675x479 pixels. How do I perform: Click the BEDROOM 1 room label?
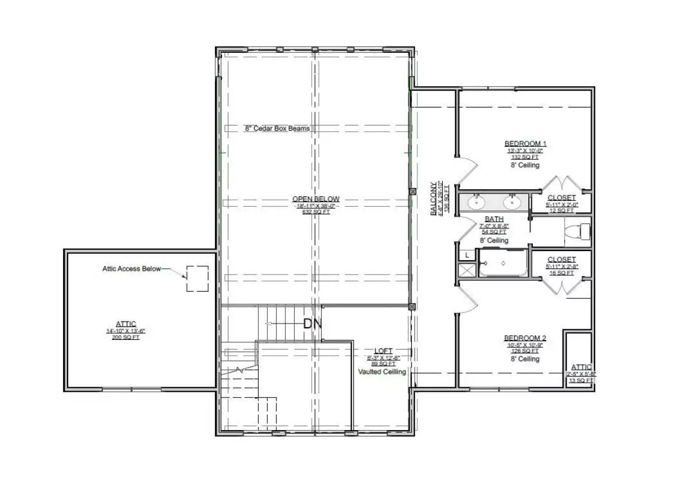point(525,144)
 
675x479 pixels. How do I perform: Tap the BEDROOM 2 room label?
point(525,338)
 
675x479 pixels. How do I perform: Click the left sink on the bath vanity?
point(478,201)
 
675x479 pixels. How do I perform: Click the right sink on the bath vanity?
point(512,201)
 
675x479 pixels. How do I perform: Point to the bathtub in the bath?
point(502,263)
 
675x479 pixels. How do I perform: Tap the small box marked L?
point(467,256)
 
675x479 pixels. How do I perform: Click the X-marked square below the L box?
point(467,271)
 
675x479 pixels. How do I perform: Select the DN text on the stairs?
point(312,324)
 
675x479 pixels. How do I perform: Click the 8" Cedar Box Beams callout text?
point(277,128)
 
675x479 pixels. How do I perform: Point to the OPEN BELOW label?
point(316,199)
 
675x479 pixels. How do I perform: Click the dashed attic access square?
point(197,279)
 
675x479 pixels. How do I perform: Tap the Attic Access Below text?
point(131,269)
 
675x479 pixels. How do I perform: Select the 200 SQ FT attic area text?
point(125,338)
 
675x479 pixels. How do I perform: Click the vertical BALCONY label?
point(433,199)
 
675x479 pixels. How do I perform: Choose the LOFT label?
point(383,351)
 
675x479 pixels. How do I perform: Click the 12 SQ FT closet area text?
point(561,211)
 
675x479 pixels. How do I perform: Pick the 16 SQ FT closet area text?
point(561,272)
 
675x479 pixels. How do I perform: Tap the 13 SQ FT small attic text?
point(581,380)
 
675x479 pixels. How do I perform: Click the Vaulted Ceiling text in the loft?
point(382,371)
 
